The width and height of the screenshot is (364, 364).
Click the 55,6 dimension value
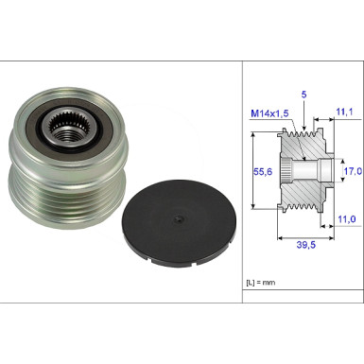click(x=263, y=172)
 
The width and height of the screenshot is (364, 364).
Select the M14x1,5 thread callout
click(x=269, y=113)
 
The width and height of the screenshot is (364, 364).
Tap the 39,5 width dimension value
click(x=305, y=245)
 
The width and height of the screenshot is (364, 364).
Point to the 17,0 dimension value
click(x=353, y=171)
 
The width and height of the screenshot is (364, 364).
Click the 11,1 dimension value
click(x=344, y=112)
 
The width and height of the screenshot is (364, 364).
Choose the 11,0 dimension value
click(x=347, y=218)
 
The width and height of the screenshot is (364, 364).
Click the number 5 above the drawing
click(x=303, y=95)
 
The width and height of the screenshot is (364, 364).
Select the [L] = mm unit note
click(x=261, y=283)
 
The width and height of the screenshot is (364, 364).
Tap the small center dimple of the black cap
click(x=179, y=219)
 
